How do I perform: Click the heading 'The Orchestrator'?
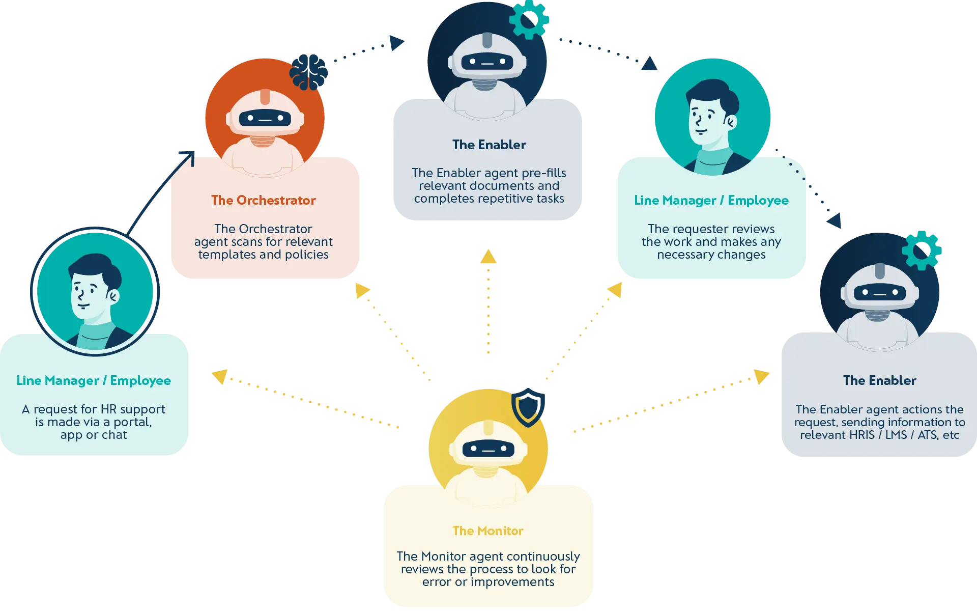click(x=263, y=200)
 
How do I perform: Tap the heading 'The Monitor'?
click(x=487, y=531)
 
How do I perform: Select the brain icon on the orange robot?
click(x=309, y=72)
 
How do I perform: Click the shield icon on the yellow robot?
click(x=528, y=407)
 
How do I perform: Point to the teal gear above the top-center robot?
click(x=529, y=19)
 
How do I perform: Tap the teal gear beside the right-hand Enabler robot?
click(x=922, y=250)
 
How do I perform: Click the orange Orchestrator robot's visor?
click(x=265, y=119)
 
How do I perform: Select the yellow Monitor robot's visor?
click(x=488, y=449)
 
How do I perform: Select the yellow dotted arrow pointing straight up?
click(x=488, y=300)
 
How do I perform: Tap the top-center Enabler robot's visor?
click(x=487, y=62)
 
